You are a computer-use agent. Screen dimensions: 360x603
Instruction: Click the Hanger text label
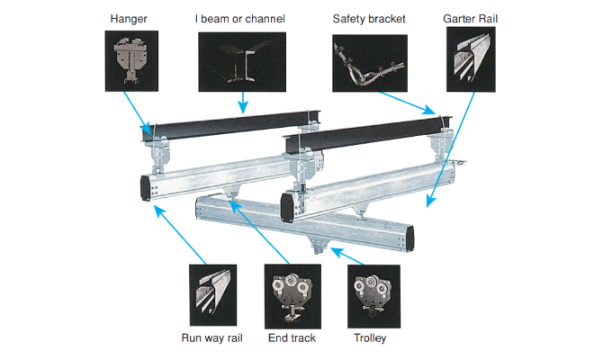pos(129,18)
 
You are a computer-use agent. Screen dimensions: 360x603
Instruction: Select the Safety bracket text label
pos(367,18)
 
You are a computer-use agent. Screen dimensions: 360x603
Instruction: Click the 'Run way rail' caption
pos(212,338)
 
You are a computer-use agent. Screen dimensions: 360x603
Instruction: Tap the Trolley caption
pos(370,338)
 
